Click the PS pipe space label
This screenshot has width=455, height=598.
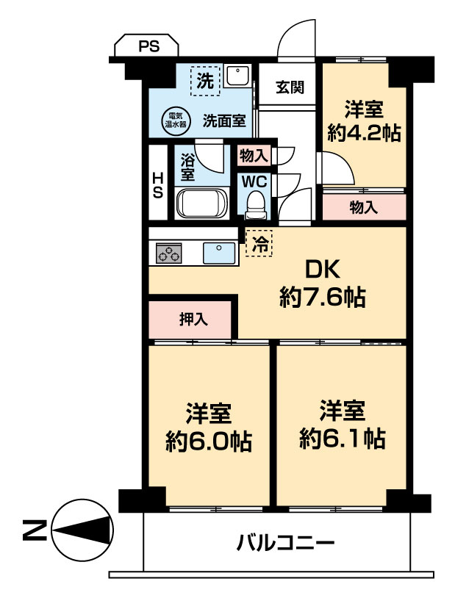pyautogui.click(x=149, y=46)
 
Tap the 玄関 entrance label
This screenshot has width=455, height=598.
pyautogui.click(x=290, y=87)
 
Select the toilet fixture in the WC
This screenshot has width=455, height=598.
pyautogui.click(x=254, y=205)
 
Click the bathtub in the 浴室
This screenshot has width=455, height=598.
pyautogui.click(x=202, y=203)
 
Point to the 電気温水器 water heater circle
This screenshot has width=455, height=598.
pyautogui.click(x=175, y=120)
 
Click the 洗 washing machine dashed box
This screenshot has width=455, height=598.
pyautogui.click(x=205, y=81)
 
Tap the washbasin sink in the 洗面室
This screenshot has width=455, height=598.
pyautogui.click(x=237, y=76)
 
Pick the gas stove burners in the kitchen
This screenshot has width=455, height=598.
pyautogui.click(x=168, y=253)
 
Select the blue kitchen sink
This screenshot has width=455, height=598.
pyautogui.click(x=219, y=253)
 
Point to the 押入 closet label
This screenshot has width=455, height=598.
pyautogui.click(x=194, y=320)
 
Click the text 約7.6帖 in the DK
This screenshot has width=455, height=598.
pyautogui.click(x=323, y=297)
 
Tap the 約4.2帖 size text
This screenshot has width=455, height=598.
pyautogui.click(x=364, y=133)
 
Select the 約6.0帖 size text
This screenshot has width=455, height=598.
pyautogui.click(x=209, y=442)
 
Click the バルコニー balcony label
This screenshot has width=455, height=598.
pyautogui.click(x=285, y=542)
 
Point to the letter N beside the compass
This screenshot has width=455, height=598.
pyautogui.click(x=35, y=530)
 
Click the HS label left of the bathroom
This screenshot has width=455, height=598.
pyautogui.click(x=157, y=185)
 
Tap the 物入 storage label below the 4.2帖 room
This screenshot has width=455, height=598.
pyautogui.click(x=364, y=207)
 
